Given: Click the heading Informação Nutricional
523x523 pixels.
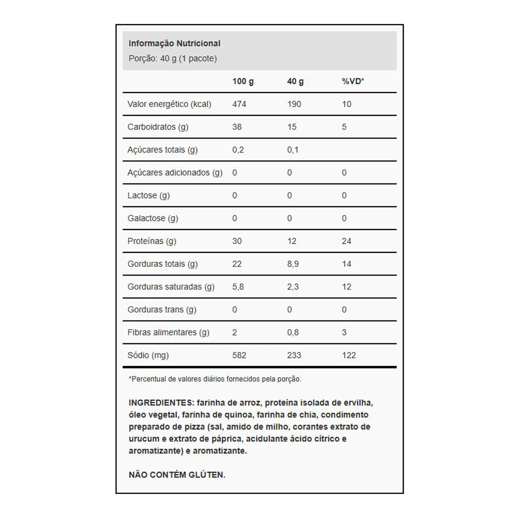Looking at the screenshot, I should point(174,44).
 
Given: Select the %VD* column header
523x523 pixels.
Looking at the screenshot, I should point(353,81).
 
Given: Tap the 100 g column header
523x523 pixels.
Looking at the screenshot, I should point(243,81).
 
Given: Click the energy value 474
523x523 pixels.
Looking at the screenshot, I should point(239,104).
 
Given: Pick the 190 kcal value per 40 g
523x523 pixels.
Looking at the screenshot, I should point(294,104).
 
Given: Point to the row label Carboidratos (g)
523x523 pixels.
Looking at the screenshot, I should point(158,127).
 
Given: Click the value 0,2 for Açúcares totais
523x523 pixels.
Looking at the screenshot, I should point(238,150).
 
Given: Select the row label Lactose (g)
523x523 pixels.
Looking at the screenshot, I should point(149,196).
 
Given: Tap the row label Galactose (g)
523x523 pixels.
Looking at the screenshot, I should point(153,218).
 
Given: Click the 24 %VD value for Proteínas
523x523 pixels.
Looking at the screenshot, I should point(346,241).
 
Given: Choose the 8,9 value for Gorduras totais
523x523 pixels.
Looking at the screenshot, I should point(292,264).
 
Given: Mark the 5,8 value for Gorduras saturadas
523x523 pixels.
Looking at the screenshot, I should point(238,287).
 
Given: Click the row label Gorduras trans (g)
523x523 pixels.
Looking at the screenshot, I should point(162,309).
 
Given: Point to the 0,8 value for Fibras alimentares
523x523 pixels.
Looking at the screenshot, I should point(292,332).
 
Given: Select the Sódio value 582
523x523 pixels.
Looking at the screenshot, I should point(239,355).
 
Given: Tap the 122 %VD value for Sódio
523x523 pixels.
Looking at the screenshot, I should point(349,355).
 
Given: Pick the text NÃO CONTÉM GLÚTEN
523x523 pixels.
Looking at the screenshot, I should point(177,475).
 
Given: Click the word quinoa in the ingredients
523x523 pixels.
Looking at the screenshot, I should point(240,415).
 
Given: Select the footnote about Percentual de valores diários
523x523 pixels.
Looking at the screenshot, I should point(215,379).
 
